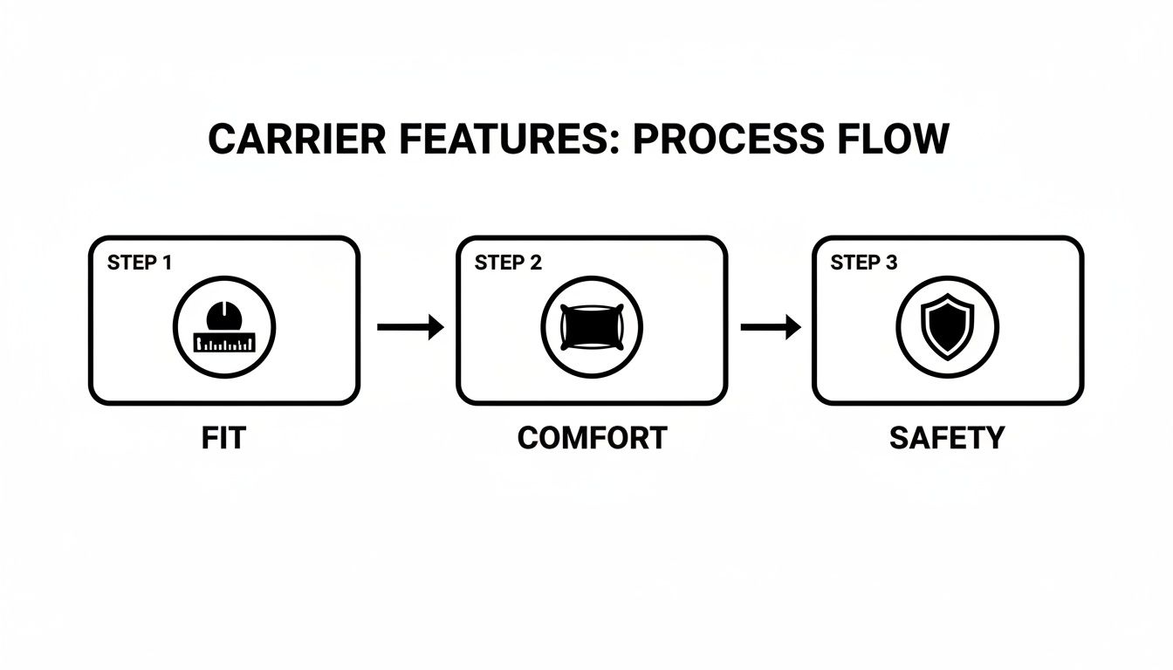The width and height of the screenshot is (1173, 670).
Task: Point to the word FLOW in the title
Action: pos(889,140)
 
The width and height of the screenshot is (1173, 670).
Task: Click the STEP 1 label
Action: pos(140,263)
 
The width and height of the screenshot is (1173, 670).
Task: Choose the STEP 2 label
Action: pos(508,263)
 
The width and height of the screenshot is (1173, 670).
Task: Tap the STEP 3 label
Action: pos(863,263)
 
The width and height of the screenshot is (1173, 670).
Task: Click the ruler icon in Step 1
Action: pos(224,343)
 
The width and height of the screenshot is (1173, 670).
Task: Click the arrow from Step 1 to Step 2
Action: pos(410,327)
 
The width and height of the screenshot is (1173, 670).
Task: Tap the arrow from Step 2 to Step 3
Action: pos(771,327)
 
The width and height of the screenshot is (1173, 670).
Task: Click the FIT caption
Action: pos(223,438)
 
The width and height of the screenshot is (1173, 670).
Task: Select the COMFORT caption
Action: pos(592,438)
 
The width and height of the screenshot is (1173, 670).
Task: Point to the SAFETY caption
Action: pos(947,438)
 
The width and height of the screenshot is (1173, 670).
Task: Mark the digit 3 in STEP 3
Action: pos(891,263)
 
